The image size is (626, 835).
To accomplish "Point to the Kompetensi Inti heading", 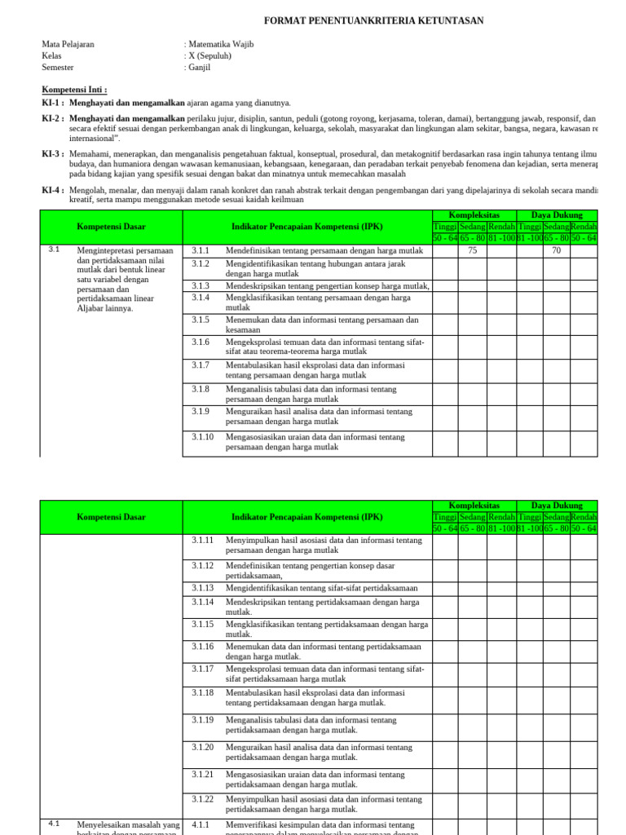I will tap(74, 90).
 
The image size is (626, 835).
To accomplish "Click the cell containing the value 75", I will tap(473, 251).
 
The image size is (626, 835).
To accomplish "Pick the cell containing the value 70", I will tap(556, 251).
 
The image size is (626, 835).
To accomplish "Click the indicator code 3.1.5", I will tap(201, 320).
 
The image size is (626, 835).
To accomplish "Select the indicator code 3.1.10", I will tap(203, 437).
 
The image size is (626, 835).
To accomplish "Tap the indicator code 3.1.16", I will tap(203, 647).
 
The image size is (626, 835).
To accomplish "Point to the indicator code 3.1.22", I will tap(203, 799).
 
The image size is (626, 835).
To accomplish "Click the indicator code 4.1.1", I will tap(201, 825).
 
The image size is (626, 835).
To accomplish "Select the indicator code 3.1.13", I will tap(203, 588).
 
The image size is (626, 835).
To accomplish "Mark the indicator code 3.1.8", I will tap(201, 390).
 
